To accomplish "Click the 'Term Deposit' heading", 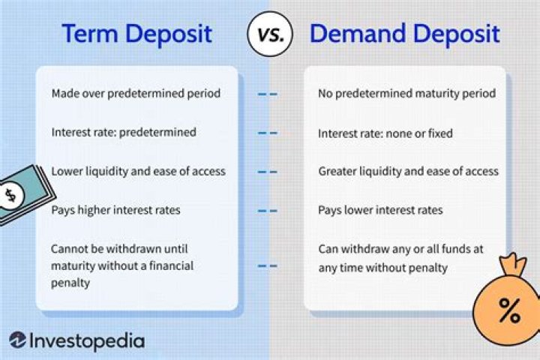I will [x=136, y=34].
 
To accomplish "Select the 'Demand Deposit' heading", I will [x=405, y=34].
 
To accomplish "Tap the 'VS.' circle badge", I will [x=270, y=34].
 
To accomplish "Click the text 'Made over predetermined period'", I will [x=135, y=94].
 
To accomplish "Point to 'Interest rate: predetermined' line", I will [x=124, y=133].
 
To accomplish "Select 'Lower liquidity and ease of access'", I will [x=138, y=172].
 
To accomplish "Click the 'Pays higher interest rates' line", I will [x=116, y=211].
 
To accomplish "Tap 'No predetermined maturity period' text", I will [x=406, y=94].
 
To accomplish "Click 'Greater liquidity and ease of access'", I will [x=408, y=172].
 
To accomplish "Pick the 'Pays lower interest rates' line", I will [x=380, y=211].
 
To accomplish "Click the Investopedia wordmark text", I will [x=86, y=340].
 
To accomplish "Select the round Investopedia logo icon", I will [x=18, y=340].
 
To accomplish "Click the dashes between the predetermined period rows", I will [x=268, y=94].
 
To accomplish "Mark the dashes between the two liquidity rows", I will [x=268, y=172].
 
